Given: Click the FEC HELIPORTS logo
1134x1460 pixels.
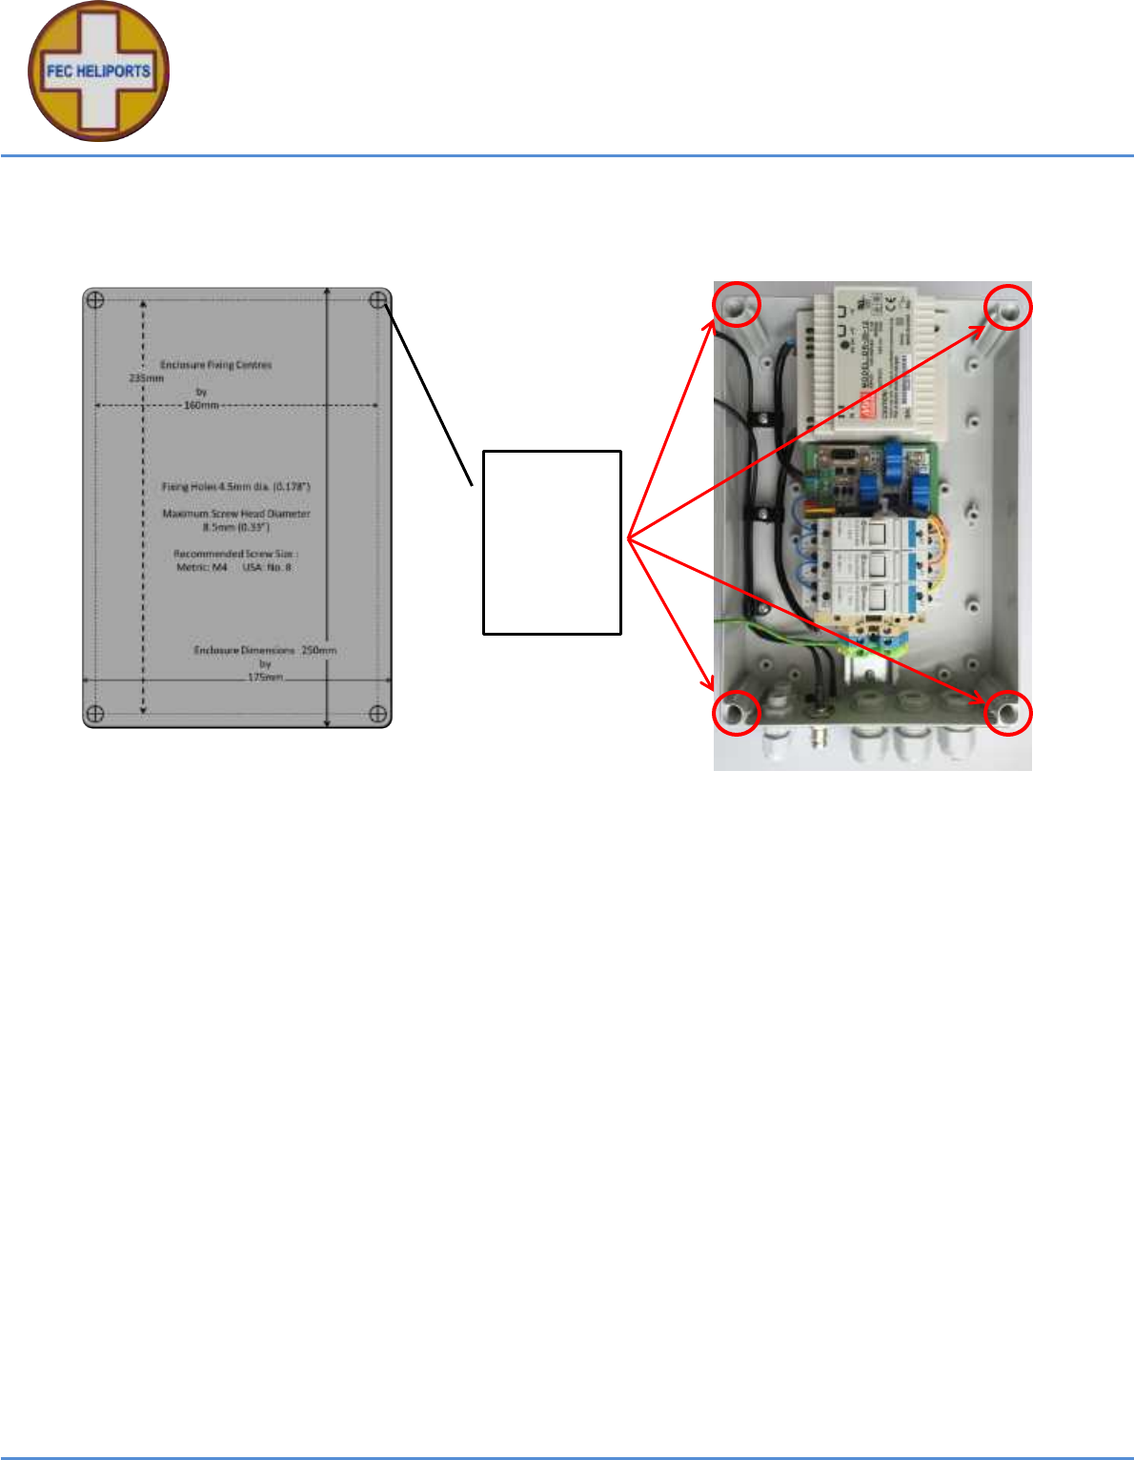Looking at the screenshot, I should tap(99, 71).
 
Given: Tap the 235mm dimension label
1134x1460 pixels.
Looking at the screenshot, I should tap(146, 377).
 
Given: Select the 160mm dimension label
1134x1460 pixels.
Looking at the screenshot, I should tap(201, 405).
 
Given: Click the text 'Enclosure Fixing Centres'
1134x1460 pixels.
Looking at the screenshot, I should tap(215, 365).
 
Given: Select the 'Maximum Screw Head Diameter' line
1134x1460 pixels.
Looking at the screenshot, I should tap(236, 514).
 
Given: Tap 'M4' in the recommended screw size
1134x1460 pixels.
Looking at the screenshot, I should tap(219, 567).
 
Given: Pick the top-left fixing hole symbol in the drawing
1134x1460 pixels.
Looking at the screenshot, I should tap(95, 301).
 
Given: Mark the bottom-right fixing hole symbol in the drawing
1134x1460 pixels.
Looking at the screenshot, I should tap(377, 714).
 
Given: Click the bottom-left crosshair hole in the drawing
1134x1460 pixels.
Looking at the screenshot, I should tap(95, 714).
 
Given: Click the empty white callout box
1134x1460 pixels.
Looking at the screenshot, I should tap(552, 542).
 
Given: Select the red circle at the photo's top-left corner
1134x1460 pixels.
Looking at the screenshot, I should tap(738, 305).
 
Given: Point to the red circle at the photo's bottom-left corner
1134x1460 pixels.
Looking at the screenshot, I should tap(737, 713).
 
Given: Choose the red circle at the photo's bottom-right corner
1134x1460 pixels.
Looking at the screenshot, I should tap(1007, 713).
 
